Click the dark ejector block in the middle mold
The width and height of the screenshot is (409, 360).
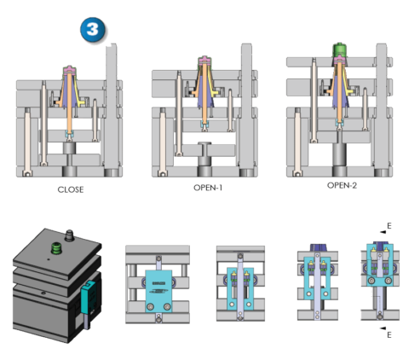click(204, 158)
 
